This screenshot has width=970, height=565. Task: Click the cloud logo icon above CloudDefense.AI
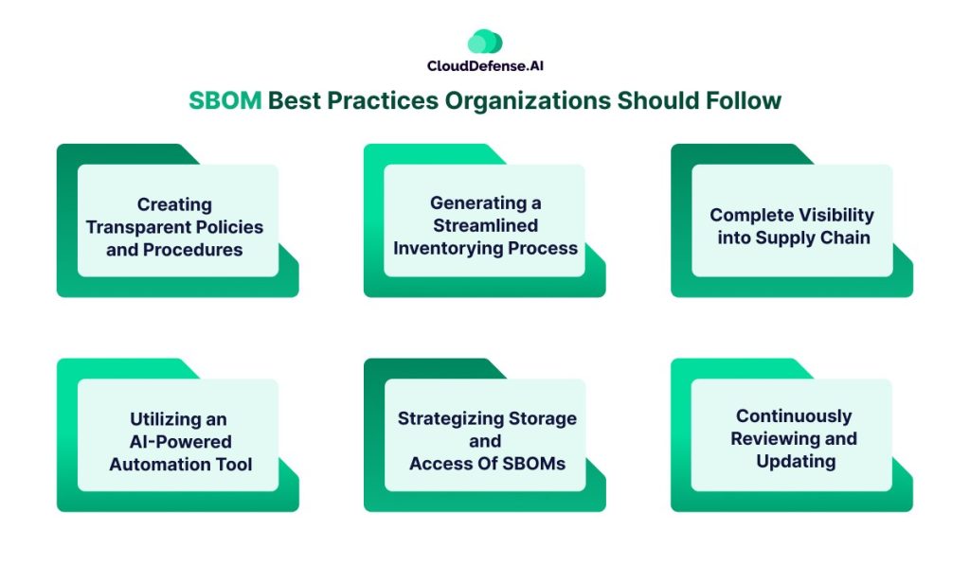coord(485,42)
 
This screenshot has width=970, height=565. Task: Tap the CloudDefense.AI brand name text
coord(485,66)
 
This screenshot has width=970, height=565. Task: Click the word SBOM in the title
coord(225,100)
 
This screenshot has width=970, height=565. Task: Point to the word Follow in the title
coord(744,100)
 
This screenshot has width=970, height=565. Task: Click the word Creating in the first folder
coord(174,204)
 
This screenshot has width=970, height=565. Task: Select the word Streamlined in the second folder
coord(486,225)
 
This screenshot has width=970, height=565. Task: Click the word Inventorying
coord(448,249)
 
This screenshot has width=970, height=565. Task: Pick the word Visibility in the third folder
coord(834,215)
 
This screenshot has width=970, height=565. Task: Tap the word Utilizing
coord(178,420)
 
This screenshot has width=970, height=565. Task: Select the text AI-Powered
coord(181,442)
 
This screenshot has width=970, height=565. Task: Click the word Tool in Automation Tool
coord(233,465)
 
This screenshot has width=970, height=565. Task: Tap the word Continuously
coord(794,416)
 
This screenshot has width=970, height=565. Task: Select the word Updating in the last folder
coord(796,462)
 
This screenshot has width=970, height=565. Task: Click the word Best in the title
coord(295,100)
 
